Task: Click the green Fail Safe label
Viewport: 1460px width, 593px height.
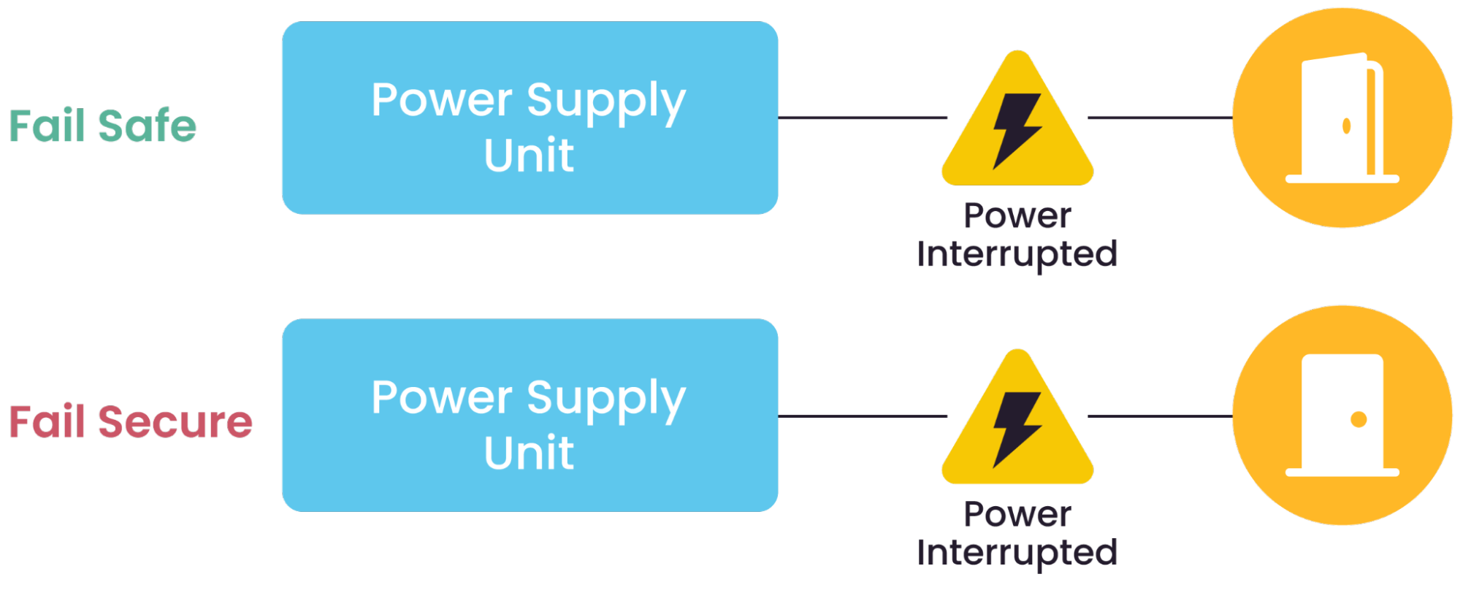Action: tap(103, 126)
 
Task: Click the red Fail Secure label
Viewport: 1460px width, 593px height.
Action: tap(131, 422)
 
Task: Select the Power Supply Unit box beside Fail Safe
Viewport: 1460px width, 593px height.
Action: tap(530, 118)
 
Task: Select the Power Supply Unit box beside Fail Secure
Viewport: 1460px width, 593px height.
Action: tap(530, 415)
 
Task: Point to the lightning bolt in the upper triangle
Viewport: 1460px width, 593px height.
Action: tap(1016, 130)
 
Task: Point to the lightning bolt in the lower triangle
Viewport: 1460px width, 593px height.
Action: tap(1016, 429)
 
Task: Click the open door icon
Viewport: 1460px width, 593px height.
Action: tap(1342, 118)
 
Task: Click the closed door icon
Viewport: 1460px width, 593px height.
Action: tap(1342, 415)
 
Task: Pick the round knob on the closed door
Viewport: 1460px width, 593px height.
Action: tap(1358, 419)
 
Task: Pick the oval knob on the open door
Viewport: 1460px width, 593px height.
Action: tap(1346, 126)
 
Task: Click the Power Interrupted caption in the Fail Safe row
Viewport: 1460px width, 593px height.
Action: tap(1017, 235)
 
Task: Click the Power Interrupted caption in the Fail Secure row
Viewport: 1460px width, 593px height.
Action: tap(1017, 534)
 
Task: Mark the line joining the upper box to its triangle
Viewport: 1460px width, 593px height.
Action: tap(862, 117)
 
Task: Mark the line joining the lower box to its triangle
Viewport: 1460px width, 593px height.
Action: tap(862, 416)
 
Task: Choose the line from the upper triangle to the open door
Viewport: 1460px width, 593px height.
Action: tap(1160, 117)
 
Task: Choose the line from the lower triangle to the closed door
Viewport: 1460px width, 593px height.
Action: tap(1160, 416)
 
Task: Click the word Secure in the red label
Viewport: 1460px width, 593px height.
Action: tap(175, 422)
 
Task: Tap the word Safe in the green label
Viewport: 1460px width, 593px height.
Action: tap(147, 126)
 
